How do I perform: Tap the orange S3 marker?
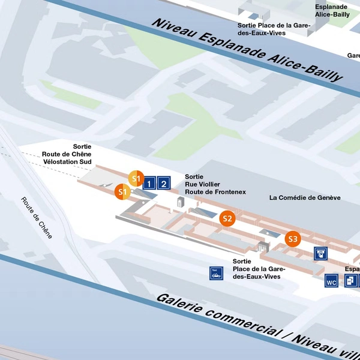click(292, 239)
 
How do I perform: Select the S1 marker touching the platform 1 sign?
click(136, 179)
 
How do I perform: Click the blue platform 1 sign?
click(150, 183)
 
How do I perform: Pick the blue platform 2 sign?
click(164, 183)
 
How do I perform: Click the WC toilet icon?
click(331, 280)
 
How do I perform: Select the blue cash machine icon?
click(321, 253)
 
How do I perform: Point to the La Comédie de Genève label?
click(305, 197)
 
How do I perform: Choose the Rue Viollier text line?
click(203, 184)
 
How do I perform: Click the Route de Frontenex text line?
click(215, 192)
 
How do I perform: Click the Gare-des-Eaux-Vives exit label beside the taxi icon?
click(259, 269)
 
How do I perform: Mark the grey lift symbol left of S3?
click(261, 247)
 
